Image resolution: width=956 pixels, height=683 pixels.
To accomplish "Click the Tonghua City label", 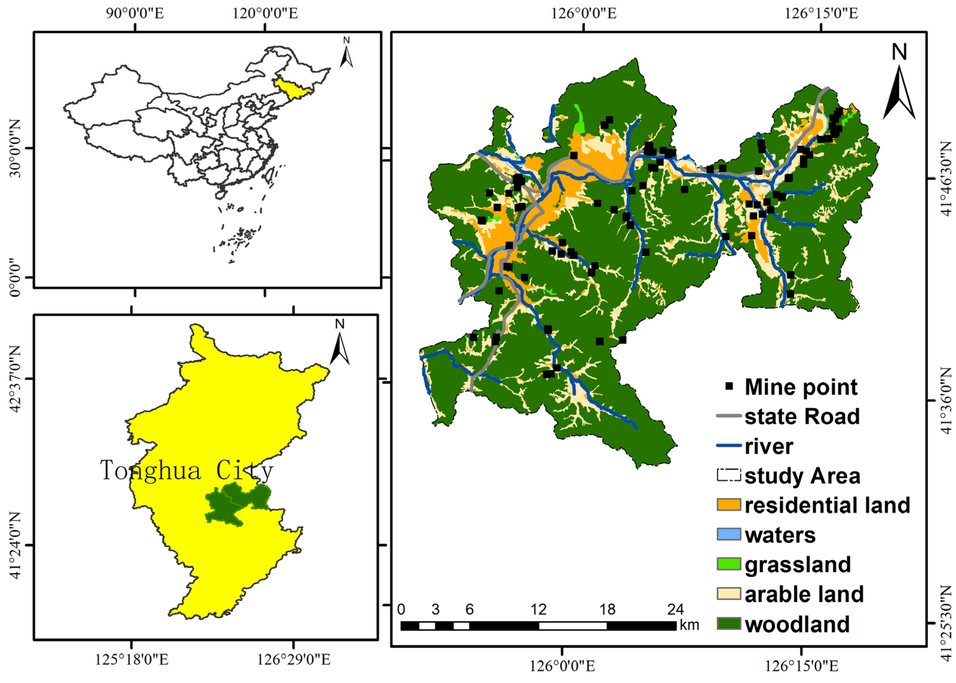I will [186, 470].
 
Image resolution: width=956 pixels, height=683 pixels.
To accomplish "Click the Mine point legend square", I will [729, 386].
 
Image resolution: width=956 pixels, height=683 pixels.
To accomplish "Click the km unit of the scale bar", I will [689, 625].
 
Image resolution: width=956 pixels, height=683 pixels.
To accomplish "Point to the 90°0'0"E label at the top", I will [134, 13].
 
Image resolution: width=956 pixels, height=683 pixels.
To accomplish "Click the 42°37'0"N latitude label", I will [16, 379].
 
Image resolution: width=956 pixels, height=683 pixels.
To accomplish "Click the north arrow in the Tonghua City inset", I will [339, 345].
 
